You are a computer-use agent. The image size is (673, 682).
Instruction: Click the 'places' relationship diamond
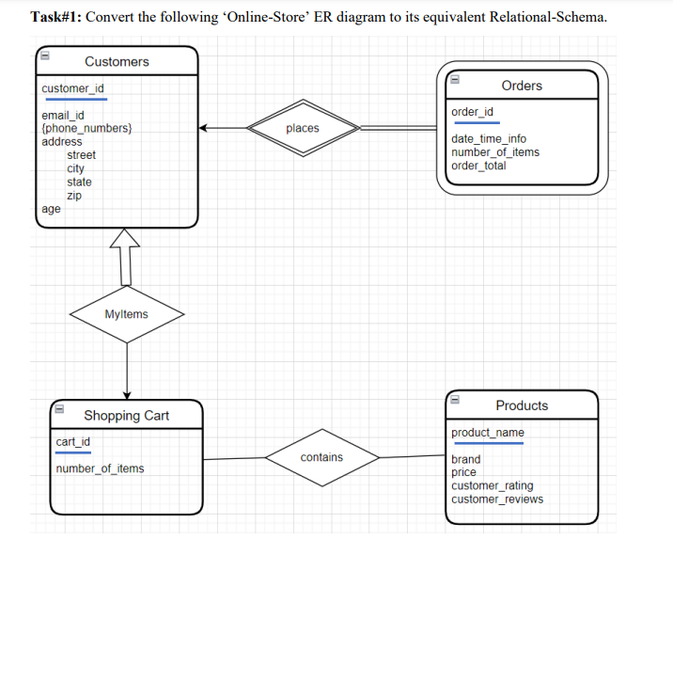tap(303, 128)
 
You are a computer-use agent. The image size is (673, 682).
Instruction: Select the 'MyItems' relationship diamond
tap(126, 314)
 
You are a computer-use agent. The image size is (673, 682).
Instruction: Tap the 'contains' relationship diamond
tap(321, 457)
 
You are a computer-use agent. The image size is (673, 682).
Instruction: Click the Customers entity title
tap(117, 61)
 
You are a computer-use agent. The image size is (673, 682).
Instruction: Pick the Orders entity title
tap(522, 86)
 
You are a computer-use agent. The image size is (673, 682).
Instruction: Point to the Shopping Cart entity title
tap(127, 416)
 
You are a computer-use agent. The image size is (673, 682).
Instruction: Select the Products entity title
tap(522, 405)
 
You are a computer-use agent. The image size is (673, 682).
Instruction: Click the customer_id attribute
tap(73, 88)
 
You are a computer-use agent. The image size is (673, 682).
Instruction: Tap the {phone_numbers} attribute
tap(86, 128)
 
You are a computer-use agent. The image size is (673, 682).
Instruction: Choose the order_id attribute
tap(472, 112)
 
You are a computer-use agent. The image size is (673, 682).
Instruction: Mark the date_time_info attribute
tap(489, 138)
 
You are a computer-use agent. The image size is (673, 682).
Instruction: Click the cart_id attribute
tap(72, 441)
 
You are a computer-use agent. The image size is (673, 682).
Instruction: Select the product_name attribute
tap(488, 433)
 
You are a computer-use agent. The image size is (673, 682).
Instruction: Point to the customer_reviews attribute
tap(496, 499)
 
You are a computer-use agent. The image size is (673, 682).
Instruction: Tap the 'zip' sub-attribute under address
tap(74, 196)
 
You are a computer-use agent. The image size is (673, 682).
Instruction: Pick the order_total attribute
tap(478, 166)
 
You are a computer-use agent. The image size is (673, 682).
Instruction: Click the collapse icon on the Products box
tap(454, 399)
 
